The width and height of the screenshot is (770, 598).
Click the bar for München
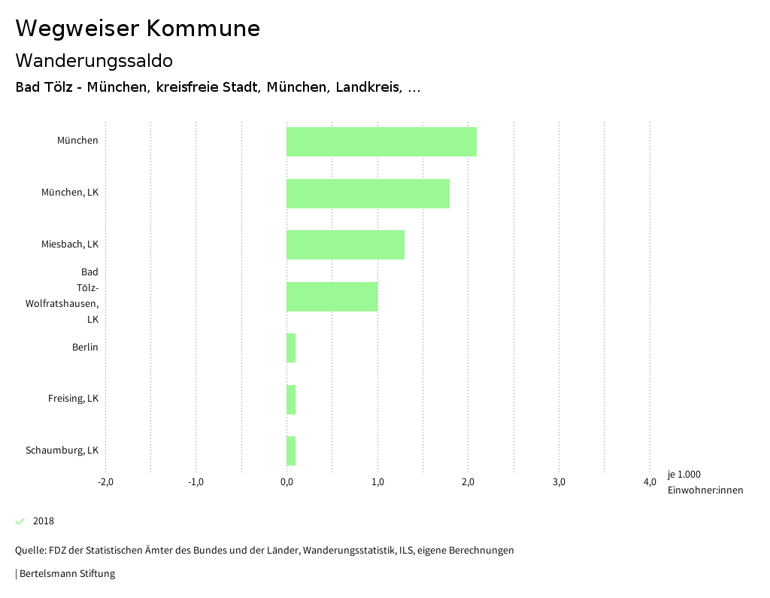click(x=381, y=141)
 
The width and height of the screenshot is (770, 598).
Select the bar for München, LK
click(x=368, y=193)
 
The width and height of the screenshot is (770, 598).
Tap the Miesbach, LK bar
click(x=345, y=244)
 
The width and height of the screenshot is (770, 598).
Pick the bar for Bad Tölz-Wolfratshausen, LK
click(x=332, y=296)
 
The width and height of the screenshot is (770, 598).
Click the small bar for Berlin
click(x=291, y=348)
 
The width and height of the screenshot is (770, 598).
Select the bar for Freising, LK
click(x=291, y=399)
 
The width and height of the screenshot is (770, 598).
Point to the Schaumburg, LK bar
click(x=291, y=451)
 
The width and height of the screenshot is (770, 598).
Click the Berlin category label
click(x=85, y=348)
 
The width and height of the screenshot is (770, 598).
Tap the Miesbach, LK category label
click(x=70, y=244)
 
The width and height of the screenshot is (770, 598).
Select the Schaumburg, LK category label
click(x=62, y=451)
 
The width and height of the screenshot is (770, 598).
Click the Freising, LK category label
click(x=73, y=399)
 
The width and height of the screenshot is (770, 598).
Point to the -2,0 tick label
click(x=105, y=482)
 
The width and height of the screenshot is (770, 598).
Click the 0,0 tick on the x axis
click(x=286, y=482)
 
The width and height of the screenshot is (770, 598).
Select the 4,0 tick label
click(x=650, y=482)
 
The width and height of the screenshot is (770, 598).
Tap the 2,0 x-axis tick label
click(x=468, y=482)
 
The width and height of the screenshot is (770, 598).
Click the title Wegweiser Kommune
click(x=138, y=29)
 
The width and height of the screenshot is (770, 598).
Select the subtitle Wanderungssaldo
click(x=94, y=60)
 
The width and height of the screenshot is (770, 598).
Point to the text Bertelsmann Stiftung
click(x=66, y=574)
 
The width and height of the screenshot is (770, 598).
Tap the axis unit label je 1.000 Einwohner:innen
click(x=705, y=482)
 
